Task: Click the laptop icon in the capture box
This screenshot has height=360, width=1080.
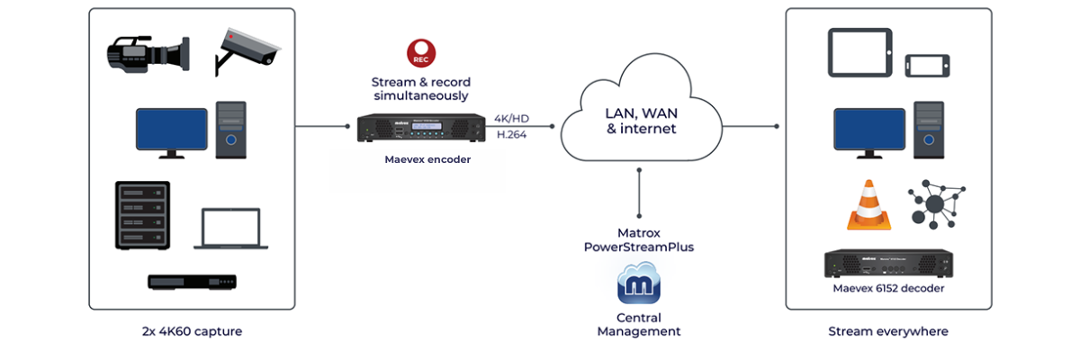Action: point(232,229)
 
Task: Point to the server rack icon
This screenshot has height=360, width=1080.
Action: point(141,215)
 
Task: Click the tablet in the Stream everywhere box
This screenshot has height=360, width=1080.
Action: point(859,51)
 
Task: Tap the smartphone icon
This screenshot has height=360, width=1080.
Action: point(927,66)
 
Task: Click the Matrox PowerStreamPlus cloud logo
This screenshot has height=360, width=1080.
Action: point(639,284)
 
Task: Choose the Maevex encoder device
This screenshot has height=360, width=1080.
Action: point(419,128)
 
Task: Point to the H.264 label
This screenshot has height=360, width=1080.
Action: point(512,135)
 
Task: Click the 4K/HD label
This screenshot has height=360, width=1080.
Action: point(512,119)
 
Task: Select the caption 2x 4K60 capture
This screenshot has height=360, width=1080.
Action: point(192,331)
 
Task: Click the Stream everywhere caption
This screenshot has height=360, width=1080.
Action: point(888,331)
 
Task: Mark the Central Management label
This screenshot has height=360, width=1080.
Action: point(639,324)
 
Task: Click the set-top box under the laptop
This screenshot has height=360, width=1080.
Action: point(192,282)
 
